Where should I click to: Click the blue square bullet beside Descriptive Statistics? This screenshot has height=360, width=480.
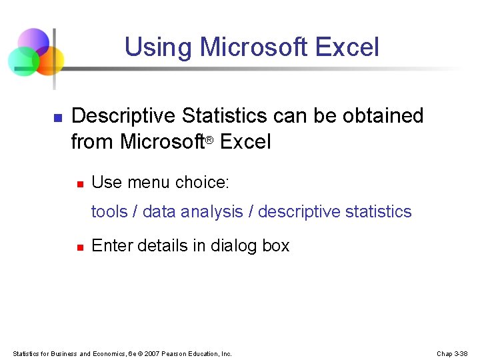[x=57, y=117]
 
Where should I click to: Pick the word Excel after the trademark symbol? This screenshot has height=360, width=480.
[x=245, y=142]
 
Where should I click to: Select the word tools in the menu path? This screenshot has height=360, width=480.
[x=109, y=212]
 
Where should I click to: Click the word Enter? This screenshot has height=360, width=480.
[x=109, y=245]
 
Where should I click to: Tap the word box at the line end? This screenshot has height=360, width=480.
[x=276, y=245]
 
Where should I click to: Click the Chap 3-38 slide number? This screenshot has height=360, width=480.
[x=453, y=353]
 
